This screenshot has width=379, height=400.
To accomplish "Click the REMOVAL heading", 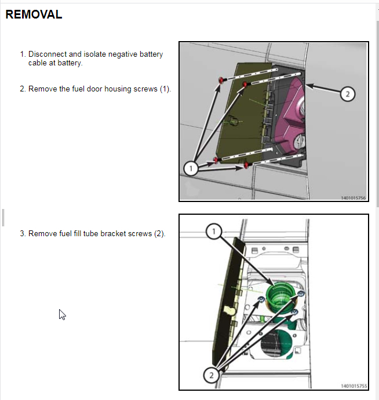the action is [x=34, y=14].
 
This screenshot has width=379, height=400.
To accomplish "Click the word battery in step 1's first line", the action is [x=151, y=54].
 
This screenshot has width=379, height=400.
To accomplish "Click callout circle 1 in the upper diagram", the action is [x=191, y=168].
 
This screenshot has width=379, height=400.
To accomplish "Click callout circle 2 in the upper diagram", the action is [x=348, y=94].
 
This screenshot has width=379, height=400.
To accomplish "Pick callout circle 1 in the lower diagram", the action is [x=214, y=232].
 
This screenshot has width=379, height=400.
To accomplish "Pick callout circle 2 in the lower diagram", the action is [x=211, y=375].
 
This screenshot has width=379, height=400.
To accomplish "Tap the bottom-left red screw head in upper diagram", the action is [x=216, y=160].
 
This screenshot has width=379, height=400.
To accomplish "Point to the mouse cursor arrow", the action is [x=62, y=314].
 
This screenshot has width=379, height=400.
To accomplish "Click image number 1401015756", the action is [x=354, y=198].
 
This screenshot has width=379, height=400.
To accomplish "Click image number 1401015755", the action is [x=354, y=386].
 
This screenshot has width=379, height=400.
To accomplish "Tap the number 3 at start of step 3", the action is [x=23, y=233].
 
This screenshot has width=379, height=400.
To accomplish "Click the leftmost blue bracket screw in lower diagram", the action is [x=261, y=299].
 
